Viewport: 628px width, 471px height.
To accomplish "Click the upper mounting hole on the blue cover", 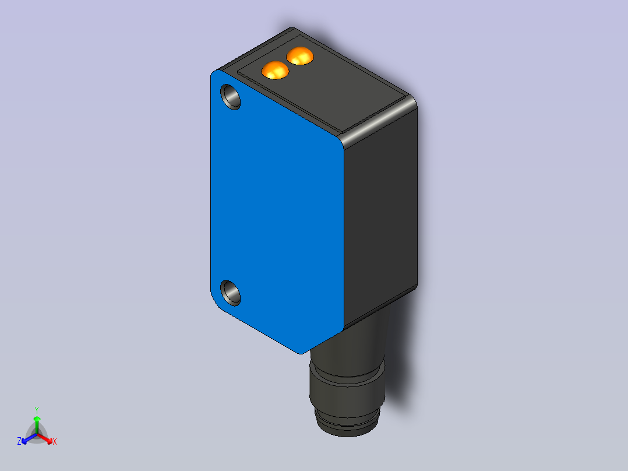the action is click(x=231, y=97).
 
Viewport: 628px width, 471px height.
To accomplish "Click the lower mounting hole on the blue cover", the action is click(x=231, y=293).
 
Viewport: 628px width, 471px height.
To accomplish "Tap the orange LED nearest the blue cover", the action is click(x=275, y=70).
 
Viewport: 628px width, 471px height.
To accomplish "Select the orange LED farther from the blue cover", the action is click(x=300, y=56).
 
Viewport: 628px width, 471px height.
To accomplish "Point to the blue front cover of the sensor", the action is click(x=276, y=212).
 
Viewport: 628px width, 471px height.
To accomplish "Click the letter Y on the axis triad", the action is click(x=37, y=410).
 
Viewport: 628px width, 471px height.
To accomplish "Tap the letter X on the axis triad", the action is click(x=55, y=441).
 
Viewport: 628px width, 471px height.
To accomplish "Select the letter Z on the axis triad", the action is click(x=19, y=441).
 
